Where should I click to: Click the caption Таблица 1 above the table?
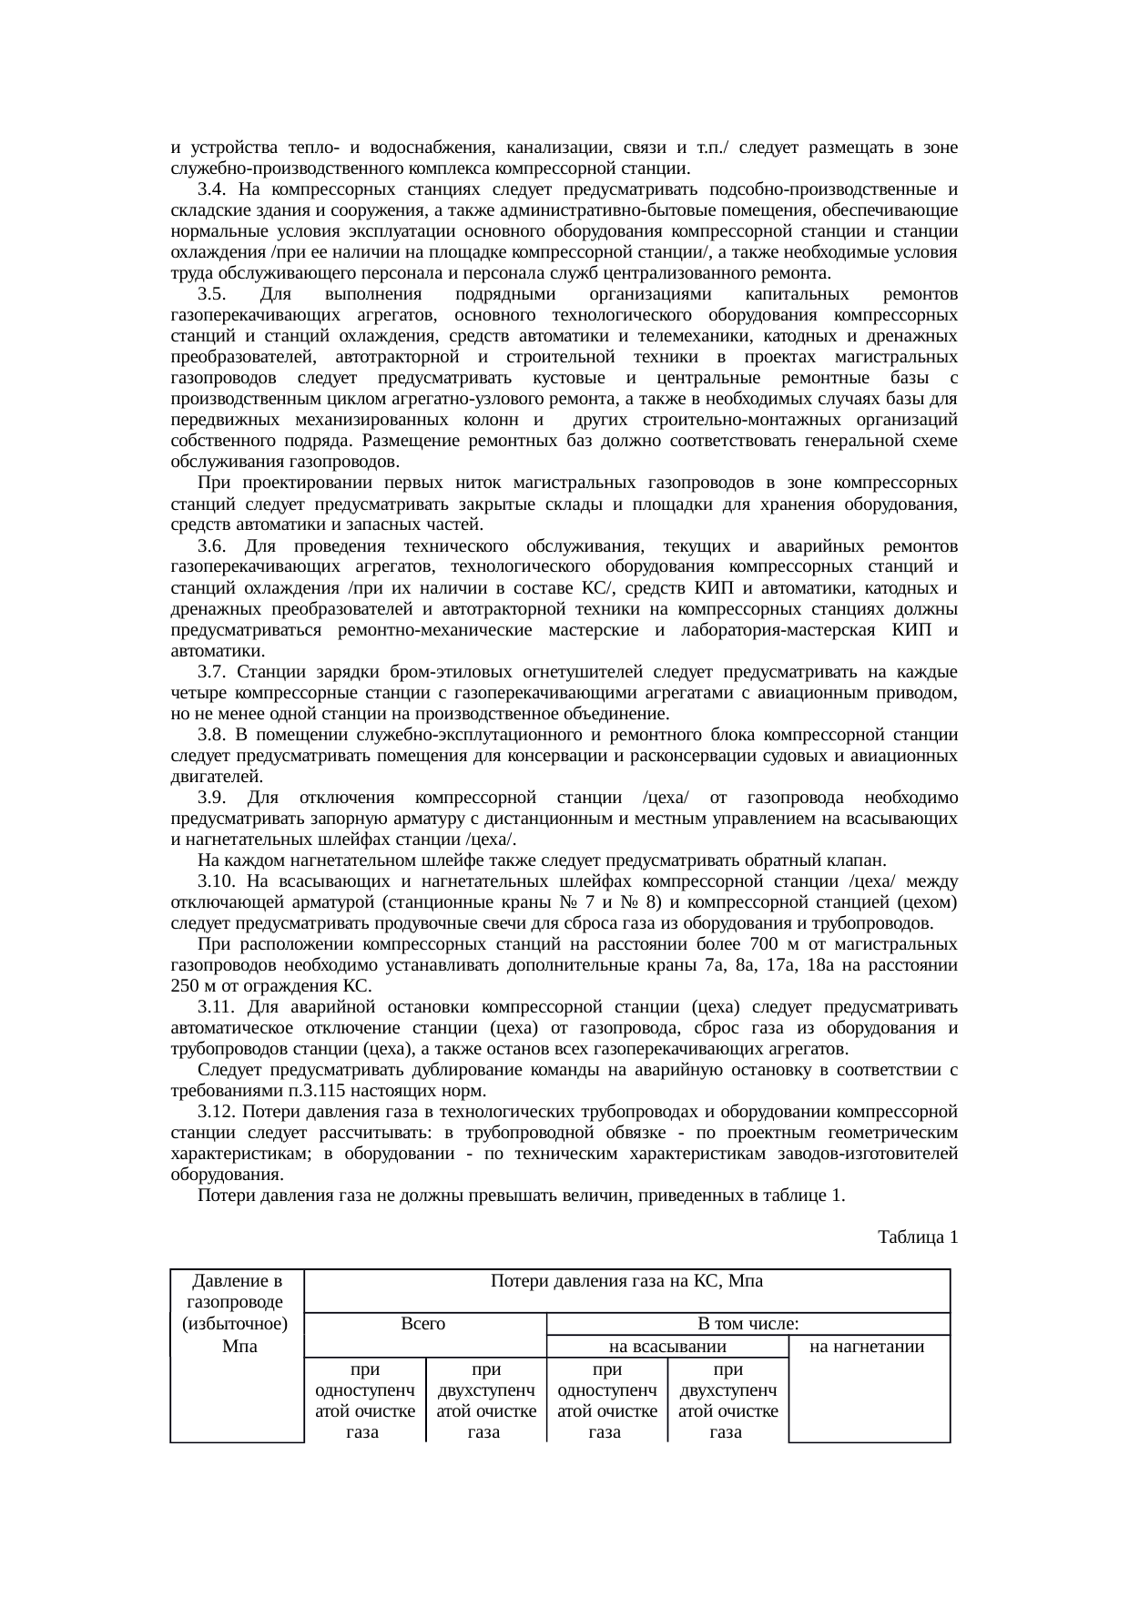pyautogui.click(x=917, y=1237)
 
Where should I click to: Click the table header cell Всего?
pyautogui.click(x=423, y=1324)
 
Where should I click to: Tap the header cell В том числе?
pyautogui.click(x=748, y=1324)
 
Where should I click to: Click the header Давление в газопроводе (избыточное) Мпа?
pyautogui.click(x=236, y=1313)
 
